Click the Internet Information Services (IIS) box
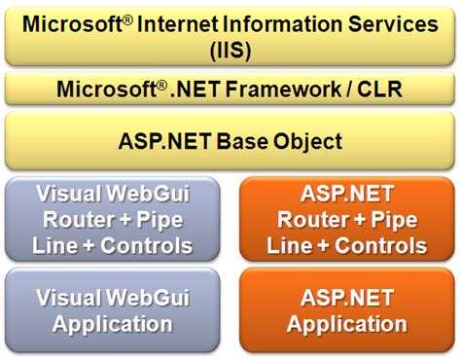pyautogui.click(x=230, y=35)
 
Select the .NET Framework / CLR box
pyautogui.click(x=230, y=90)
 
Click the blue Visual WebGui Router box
pyautogui.click(x=112, y=218)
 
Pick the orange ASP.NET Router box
pyautogui.click(x=347, y=218)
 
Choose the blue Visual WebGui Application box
pyautogui.click(x=112, y=310)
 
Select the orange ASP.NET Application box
pyautogui.click(x=347, y=310)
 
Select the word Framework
pyautogui.click(x=282, y=90)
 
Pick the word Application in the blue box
pyautogui.click(x=113, y=324)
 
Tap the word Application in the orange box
pyautogui.click(x=347, y=324)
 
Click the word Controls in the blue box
pyautogui.click(x=150, y=243)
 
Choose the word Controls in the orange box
pyautogui.click(x=384, y=243)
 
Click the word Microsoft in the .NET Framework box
pyautogui.click(x=98, y=90)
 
